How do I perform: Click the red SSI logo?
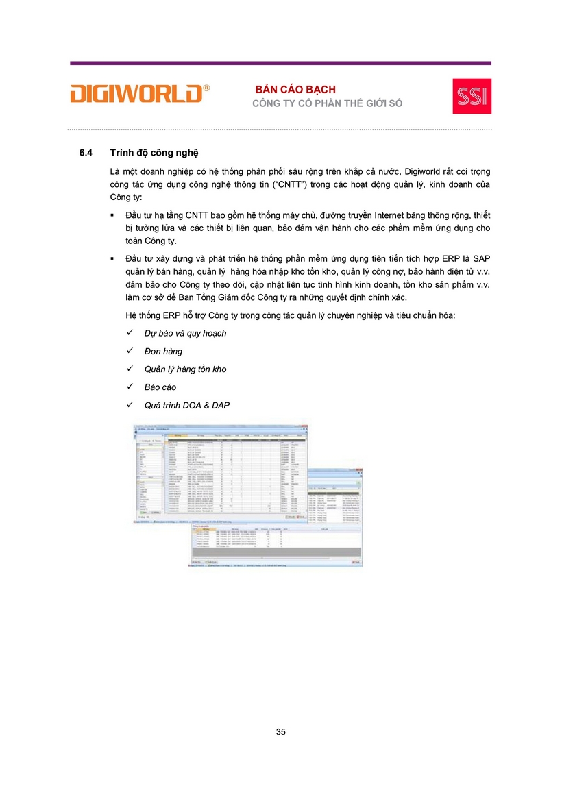(x=472, y=96)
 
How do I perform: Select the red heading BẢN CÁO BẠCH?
(x=295, y=90)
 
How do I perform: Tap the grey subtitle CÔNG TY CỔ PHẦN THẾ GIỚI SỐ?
(x=328, y=103)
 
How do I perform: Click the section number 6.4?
(x=86, y=152)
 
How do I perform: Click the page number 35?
(x=281, y=732)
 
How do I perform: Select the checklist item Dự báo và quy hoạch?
(x=185, y=333)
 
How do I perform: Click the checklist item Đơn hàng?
(x=163, y=351)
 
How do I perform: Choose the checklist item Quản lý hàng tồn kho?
(x=185, y=369)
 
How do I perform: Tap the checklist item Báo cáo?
(x=160, y=387)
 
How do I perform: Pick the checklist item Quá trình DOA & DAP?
(x=186, y=405)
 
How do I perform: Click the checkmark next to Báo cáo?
(x=130, y=387)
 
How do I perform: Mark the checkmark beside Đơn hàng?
(x=130, y=351)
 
